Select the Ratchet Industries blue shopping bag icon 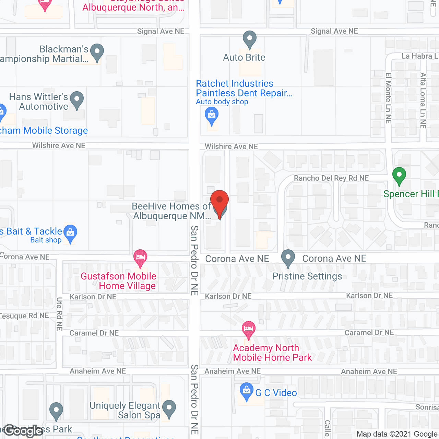tap(212, 116)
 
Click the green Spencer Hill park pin tap(399, 176)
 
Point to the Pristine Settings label tap(307, 276)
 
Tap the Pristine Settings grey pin tap(288, 258)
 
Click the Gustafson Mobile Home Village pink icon tap(140, 258)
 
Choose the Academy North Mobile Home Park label tap(272, 353)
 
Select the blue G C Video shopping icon tap(246, 391)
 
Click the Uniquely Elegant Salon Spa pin tap(169, 409)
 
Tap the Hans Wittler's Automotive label tap(39, 102)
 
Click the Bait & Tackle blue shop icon tap(70, 234)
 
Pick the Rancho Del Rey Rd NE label tap(331, 178)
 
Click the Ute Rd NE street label tap(59, 314)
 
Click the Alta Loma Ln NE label tap(423, 100)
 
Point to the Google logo tap(23, 431)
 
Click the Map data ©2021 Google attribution tap(397, 434)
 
